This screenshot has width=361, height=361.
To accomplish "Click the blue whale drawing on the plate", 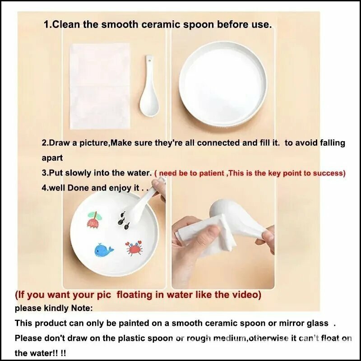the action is point(104,250).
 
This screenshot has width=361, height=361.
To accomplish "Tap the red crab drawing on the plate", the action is point(134,248).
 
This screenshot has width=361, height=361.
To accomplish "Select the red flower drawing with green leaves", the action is point(95,220).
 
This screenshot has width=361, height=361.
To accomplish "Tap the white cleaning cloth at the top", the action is point(100,86).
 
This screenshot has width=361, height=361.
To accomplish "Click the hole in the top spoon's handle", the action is point(149,61).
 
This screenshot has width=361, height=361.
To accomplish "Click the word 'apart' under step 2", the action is point(52,158).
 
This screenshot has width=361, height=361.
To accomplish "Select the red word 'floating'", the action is point(134,295).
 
